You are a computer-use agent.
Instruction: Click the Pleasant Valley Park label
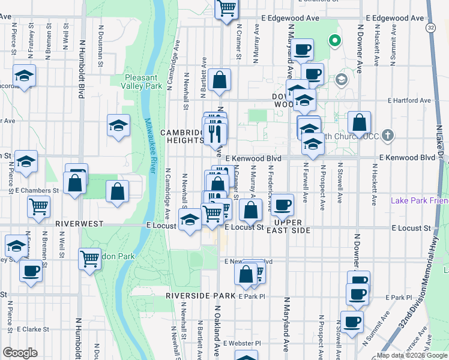point(141,82)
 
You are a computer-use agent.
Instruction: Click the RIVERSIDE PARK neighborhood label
point(200,296)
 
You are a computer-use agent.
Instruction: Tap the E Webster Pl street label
point(241,344)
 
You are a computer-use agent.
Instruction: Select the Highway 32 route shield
point(431,28)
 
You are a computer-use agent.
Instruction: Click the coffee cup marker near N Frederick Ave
point(282,205)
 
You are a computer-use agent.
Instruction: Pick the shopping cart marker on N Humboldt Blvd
point(89,259)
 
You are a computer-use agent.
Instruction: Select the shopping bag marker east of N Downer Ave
point(359,122)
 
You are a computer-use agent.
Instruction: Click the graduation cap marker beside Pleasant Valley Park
point(118,125)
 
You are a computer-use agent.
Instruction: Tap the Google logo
point(20,353)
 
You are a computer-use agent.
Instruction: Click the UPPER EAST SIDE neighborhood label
point(293,227)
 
